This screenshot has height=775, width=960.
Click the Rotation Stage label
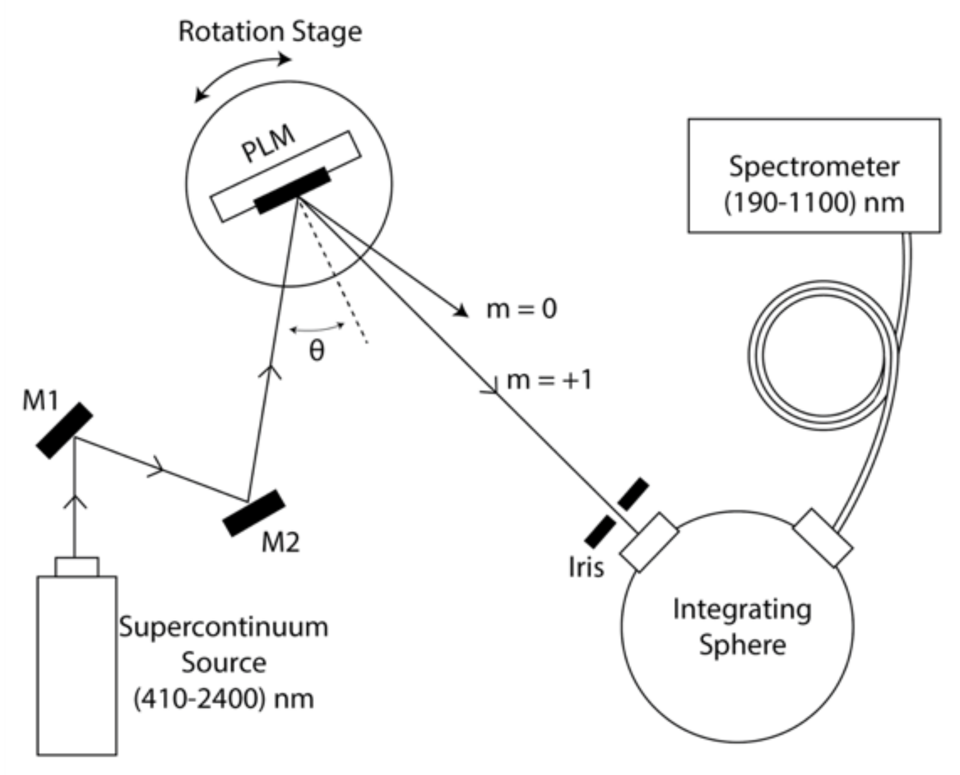[270, 32]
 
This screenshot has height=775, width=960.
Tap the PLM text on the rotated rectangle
[268, 144]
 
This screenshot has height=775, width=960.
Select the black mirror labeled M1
[64, 430]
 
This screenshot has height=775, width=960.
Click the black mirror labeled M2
[253, 513]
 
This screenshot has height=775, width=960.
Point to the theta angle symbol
[316, 351]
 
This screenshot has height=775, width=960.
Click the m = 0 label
[521, 309]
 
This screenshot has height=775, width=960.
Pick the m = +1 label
[549, 380]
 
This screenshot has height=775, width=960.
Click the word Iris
[586, 568]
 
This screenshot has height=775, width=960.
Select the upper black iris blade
[633, 494]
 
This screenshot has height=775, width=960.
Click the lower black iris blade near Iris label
[600, 532]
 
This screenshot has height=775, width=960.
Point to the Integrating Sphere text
[742, 627]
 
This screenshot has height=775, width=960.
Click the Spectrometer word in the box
[813, 167]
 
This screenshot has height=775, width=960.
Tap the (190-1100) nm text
[813, 203]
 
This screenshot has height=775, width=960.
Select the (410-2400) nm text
[223, 699]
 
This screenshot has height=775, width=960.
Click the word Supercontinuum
[223, 627]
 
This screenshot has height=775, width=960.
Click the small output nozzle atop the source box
[77, 567]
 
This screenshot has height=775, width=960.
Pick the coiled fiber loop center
[823, 355]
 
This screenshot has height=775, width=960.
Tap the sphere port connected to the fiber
[822, 538]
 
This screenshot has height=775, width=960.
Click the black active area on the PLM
[292, 190]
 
